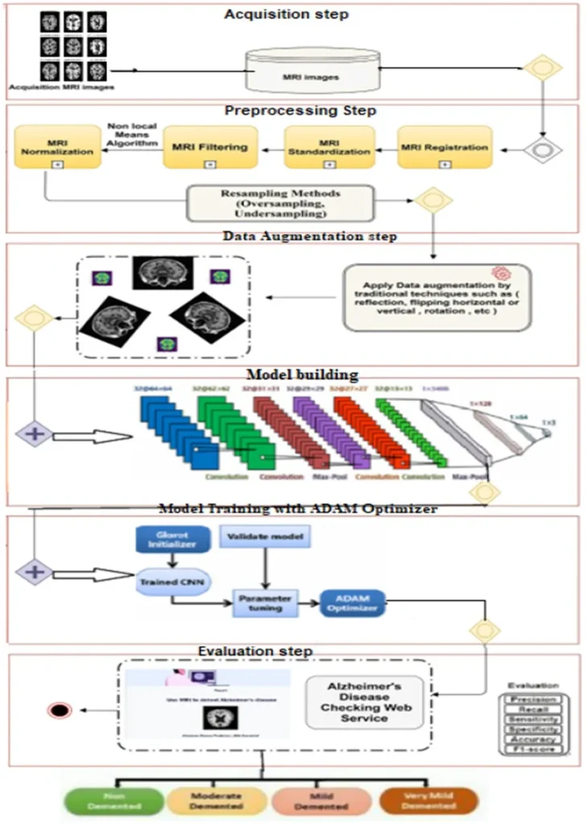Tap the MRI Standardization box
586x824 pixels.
[329, 147]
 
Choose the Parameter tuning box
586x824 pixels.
[265, 603]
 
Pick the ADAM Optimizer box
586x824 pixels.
[352, 603]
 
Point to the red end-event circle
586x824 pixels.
[57, 710]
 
